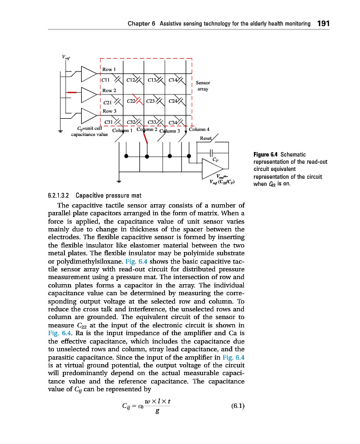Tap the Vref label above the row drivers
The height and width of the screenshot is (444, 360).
tap(66, 56)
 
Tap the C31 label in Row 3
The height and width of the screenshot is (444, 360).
tap(109, 122)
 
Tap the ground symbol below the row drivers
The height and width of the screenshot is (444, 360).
tap(61, 132)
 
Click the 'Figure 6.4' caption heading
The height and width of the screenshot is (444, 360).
tap(265, 154)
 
